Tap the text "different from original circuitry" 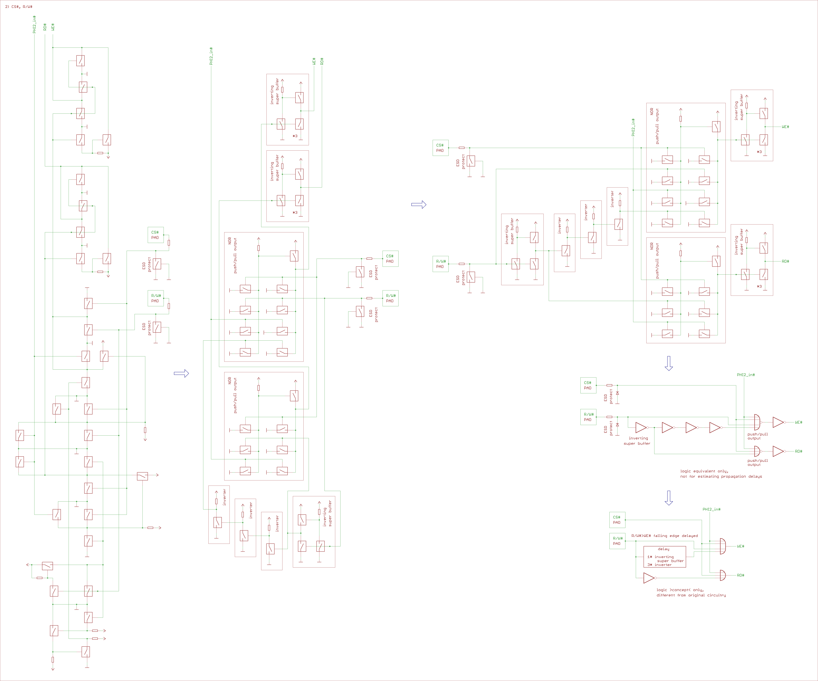click(x=691, y=595)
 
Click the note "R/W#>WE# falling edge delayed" click(x=664, y=536)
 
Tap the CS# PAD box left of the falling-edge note click(x=617, y=520)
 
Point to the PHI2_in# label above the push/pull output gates click(x=746, y=375)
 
